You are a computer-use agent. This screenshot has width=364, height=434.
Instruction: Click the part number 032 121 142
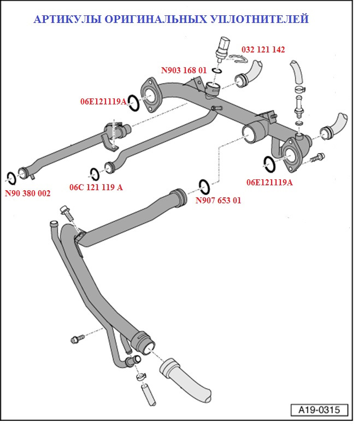point(263,50)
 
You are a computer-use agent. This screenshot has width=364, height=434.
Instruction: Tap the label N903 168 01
point(184,71)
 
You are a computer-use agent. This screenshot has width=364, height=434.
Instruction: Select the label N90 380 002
point(28,193)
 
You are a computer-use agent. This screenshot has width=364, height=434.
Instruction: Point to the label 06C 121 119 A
point(96,187)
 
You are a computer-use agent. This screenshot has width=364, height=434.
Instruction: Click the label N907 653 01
point(218,201)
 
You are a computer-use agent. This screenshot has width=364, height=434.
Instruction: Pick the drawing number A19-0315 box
point(319,409)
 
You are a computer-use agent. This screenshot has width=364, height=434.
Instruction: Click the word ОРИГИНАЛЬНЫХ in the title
point(155,19)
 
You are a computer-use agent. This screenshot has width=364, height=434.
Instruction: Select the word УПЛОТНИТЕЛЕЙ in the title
point(259,19)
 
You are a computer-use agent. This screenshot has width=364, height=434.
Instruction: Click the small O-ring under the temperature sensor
point(217,71)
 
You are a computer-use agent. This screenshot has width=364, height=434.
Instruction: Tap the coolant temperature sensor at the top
point(222,49)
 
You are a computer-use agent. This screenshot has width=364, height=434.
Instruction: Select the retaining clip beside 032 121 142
point(239,58)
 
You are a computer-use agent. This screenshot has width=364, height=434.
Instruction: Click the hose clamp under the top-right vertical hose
point(299,89)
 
